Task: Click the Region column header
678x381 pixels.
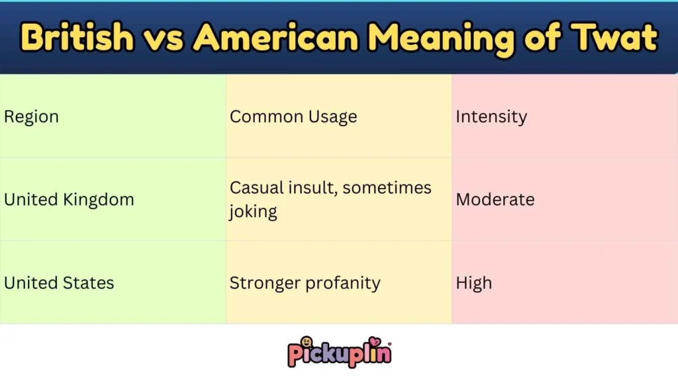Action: click(31, 117)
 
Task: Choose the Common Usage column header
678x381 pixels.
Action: click(293, 117)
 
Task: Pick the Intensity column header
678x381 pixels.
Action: click(491, 117)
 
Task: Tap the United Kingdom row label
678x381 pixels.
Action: click(69, 200)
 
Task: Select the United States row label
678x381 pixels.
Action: click(59, 283)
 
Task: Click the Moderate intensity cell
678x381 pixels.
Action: click(495, 200)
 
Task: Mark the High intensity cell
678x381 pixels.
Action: click(474, 283)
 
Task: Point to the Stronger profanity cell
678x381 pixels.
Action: click(305, 283)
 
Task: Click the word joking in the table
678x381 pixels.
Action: click(254, 212)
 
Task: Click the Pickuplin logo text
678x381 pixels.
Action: click(340, 355)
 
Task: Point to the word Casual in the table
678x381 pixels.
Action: click(254, 188)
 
